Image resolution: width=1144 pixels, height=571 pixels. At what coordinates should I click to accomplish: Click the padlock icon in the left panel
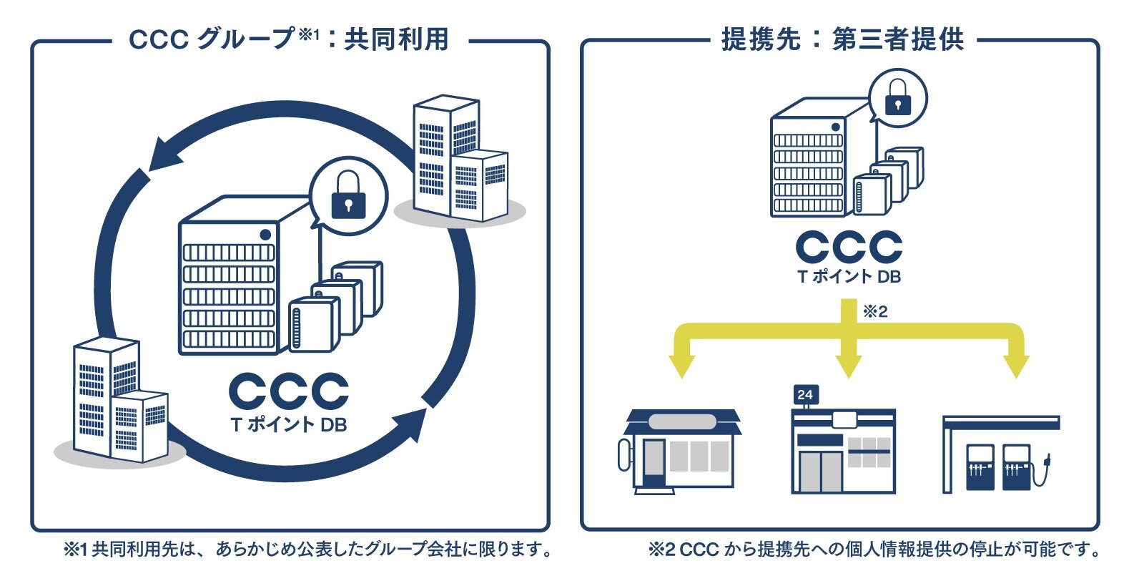click(x=348, y=195)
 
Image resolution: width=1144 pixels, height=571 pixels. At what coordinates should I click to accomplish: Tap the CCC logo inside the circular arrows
click(x=288, y=391)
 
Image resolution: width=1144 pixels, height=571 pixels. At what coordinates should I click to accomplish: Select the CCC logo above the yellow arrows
click(x=849, y=247)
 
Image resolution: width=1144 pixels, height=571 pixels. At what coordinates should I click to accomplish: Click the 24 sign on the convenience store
click(x=805, y=395)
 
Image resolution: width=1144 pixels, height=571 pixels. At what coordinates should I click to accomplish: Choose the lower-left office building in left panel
click(x=119, y=401)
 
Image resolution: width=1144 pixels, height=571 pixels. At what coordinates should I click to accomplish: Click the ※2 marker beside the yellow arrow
click(x=875, y=311)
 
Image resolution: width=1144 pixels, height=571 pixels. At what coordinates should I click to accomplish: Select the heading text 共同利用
click(x=396, y=39)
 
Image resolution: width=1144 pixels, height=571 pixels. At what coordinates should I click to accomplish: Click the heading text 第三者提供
click(x=898, y=39)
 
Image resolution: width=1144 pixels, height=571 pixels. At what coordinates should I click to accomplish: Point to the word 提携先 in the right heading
click(x=761, y=39)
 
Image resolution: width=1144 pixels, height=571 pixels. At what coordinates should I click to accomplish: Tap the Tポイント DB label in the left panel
click(x=288, y=425)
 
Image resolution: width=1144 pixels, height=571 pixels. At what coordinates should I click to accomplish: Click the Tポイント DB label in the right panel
click(x=849, y=276)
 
